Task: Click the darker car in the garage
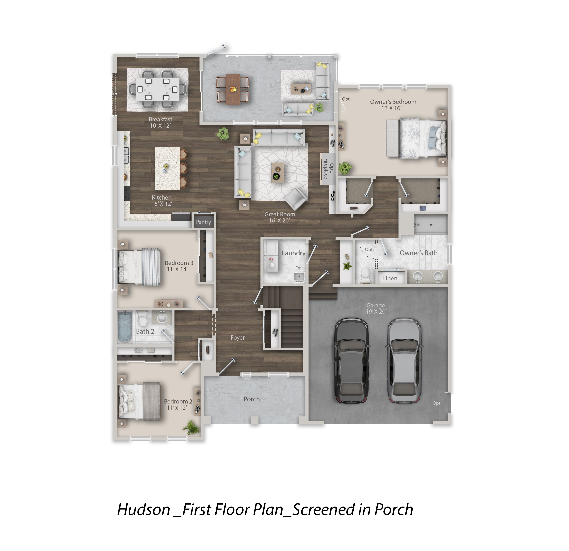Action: tap(352, 360)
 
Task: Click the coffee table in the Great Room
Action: tap(277, 173)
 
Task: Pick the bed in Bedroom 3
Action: tap(139, 267)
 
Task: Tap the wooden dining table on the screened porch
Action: tap(232, 89)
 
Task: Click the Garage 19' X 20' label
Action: tap(376, 308)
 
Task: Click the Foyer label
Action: tap(237, 338)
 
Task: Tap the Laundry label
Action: tap(293, 253)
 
